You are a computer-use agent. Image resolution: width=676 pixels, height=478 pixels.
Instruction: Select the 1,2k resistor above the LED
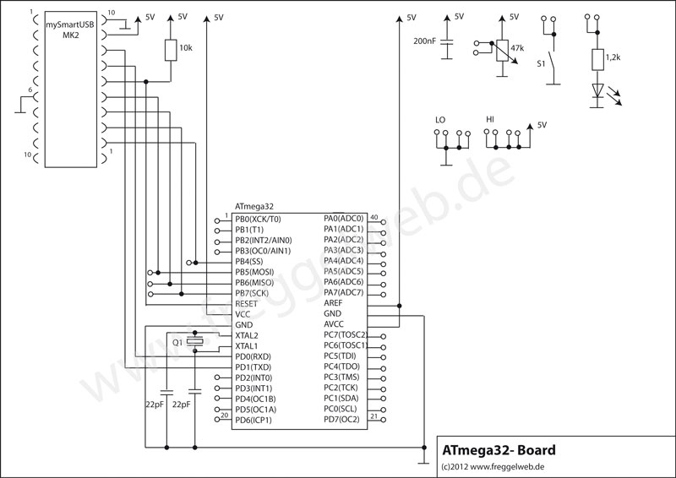pyautogui.click(x=597, y=58)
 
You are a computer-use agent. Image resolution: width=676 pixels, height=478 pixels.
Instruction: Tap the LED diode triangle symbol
pyautogui.click(x=597, y=90)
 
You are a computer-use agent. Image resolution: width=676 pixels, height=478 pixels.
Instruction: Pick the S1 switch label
pyautogui.click(x=542, y=62)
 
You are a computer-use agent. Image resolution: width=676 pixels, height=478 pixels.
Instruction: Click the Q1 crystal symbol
pyautogui.click(x=196, y=342)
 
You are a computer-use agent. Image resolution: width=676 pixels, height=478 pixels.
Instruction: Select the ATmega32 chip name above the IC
pyautogui.click(x=254, y=206)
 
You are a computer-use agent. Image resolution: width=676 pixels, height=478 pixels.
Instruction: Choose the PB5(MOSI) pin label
pyautogui.click(x=258, y=271)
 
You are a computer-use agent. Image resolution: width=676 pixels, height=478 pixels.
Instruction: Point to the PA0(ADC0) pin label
pyautogui.click(x=343, y=218)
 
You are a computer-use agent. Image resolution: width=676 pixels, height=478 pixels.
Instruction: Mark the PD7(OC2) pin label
pyautogui.click(x=342, y=420)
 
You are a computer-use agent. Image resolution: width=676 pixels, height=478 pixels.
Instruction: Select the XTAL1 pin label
pyautogui.click(x=247, y=346)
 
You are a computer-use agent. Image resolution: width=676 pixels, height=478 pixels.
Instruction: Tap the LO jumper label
pyautogui.click(x=439, y=121)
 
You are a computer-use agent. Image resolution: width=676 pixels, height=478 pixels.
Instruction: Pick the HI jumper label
pyautogui.click(x=491, y=121)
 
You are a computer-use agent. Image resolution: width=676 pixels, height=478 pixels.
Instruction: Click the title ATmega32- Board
pyautogui.click(x=499, y=450)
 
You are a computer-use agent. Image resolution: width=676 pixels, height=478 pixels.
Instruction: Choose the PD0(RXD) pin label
pyautogui.click(x=253, y=356)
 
